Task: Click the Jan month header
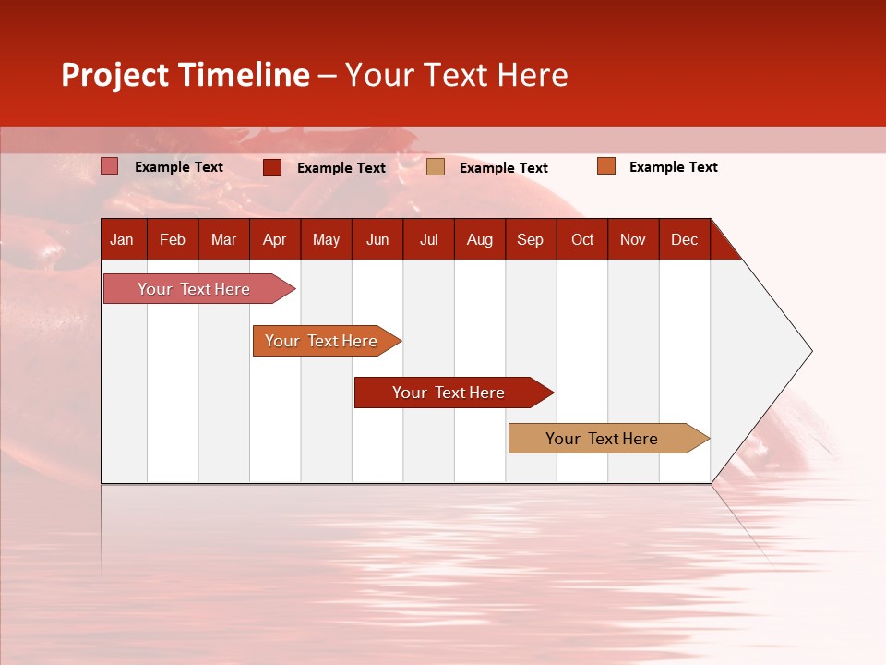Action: [x=123, y=239]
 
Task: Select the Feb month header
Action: [x=173, y=239]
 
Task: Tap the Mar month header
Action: [x=223, y=239]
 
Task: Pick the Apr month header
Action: [x=274, y=239]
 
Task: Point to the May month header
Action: [x=326, y=239]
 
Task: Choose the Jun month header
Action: [x=377, y=239]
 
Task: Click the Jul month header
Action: [x=428, y=239]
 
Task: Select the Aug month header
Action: [x=480, y=239]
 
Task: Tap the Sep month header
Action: [x=531, y=239]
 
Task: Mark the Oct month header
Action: [x=582, y=239]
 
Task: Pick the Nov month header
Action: [x=633, y=239]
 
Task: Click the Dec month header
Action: [x=685, y=239]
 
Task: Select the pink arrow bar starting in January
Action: [x=195, y=289]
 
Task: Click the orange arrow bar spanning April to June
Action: [x=322, y=341]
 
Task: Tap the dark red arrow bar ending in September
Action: [x=449, y=393]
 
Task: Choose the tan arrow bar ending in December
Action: [x=603, y=439]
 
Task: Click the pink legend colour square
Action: [x=110, y=166]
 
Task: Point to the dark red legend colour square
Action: [x=272, y=167]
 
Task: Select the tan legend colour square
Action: [x=436, y=167]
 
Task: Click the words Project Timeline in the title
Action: [x=186, y=75]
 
